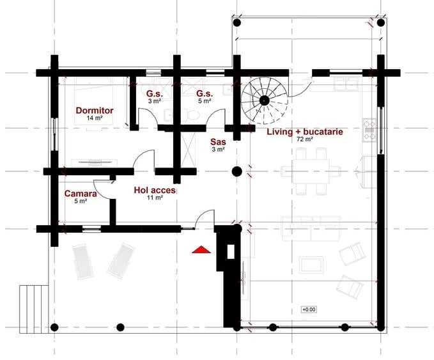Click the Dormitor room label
[x=95, y=111]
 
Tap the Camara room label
[x=81, y=193]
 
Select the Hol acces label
[x=155, y=191]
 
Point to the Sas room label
[x=218, y=142]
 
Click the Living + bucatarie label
[x=305, y=132]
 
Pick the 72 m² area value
[x=305, y=139]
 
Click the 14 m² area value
[x=95, y=118]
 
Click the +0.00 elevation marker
[x=309, y=309]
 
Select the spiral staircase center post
[x=265, y=100]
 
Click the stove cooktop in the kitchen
[x=369, y=130]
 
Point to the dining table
[x=311, y=171]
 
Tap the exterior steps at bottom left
[x=34, y=309]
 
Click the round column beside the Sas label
[x=237, y=172]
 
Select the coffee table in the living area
[x=311, y=265]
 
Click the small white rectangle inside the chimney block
[x=231, y=252]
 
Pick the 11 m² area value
[x=155, y=198]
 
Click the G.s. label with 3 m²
[x=155, y=93]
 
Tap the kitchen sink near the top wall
[x=346, y=84]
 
